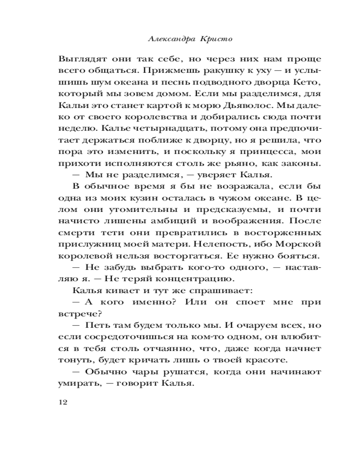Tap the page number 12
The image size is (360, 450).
(x=63, y=402)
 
